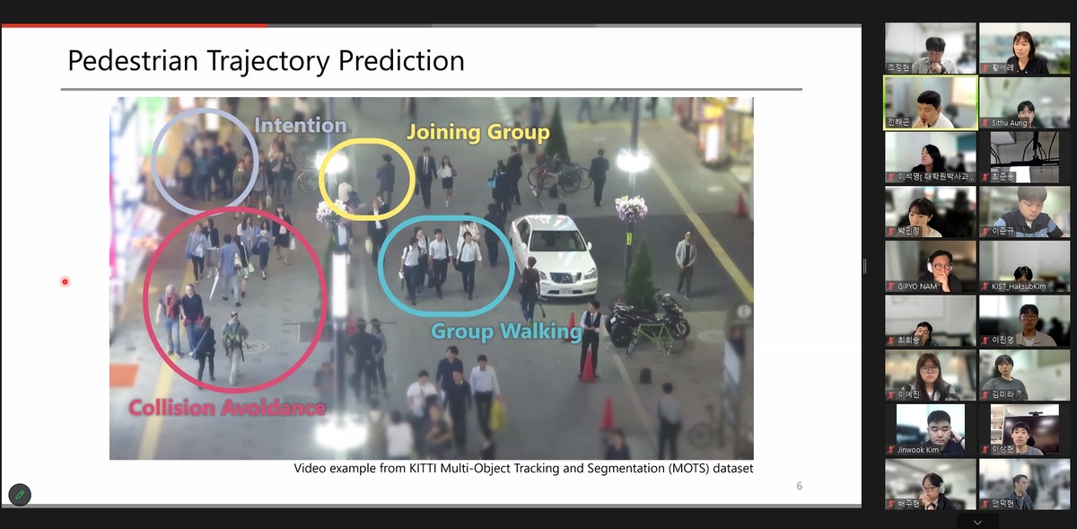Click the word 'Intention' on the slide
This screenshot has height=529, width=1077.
point(300,126)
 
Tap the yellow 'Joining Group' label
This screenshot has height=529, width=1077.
point(477,133)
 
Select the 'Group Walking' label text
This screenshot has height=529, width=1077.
point(500,331)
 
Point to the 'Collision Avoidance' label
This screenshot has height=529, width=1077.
point(226,408)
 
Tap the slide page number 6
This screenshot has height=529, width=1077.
point(799,486)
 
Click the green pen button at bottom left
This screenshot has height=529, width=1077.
point(19,495)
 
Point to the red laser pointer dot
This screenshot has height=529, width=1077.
point(65,282)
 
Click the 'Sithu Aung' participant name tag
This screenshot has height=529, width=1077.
point(1009,122)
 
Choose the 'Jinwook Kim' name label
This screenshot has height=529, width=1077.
point(917,449)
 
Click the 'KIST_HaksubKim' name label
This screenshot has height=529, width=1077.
point(1018,286)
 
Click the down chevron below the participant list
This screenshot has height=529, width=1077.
point(977,522)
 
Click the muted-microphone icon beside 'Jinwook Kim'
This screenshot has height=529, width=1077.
point(891,449)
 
